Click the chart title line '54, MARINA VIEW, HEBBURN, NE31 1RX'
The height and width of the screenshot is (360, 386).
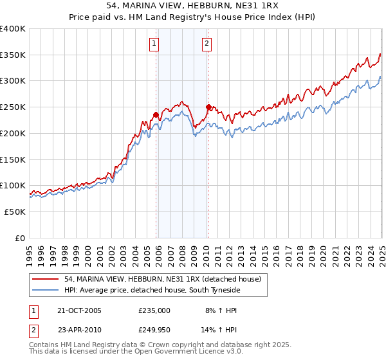[x=193, y=7]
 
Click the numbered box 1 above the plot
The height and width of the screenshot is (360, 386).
[x=155, y=44]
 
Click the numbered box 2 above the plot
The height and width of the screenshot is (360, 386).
[x=207, y=44]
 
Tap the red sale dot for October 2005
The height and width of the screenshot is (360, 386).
[x=156, y=115]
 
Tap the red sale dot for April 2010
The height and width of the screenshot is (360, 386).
[x=208, y=107]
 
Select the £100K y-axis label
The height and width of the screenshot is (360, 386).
[x=13, y=186]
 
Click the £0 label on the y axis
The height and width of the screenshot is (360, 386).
[x=19, y=238]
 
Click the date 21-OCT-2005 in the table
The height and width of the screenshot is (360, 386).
[x=80, y=310]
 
